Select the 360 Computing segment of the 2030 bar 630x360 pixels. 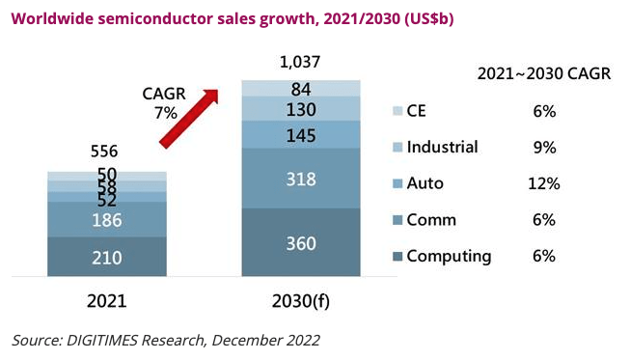click(301, 242)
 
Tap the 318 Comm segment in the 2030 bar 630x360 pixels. click(301, 179)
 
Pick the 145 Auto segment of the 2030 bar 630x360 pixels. click(301, 135)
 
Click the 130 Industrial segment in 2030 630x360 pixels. click(301, 109)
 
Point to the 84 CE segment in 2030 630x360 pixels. click(301, 89)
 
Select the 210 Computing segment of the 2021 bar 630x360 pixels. click(107, 257)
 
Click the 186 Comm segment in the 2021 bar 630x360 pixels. click(107, 220)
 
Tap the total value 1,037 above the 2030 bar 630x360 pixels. click(299, 63)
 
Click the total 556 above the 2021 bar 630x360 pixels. click(107, 151)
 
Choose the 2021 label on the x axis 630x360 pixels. click(107, 300)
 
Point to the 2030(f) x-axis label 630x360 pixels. click(302, 300)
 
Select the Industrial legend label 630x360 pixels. click(442, 147)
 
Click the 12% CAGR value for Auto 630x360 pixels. click(544, 183)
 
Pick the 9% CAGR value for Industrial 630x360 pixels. click(544, 147)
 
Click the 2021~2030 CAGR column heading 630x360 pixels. click(544, 74)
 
